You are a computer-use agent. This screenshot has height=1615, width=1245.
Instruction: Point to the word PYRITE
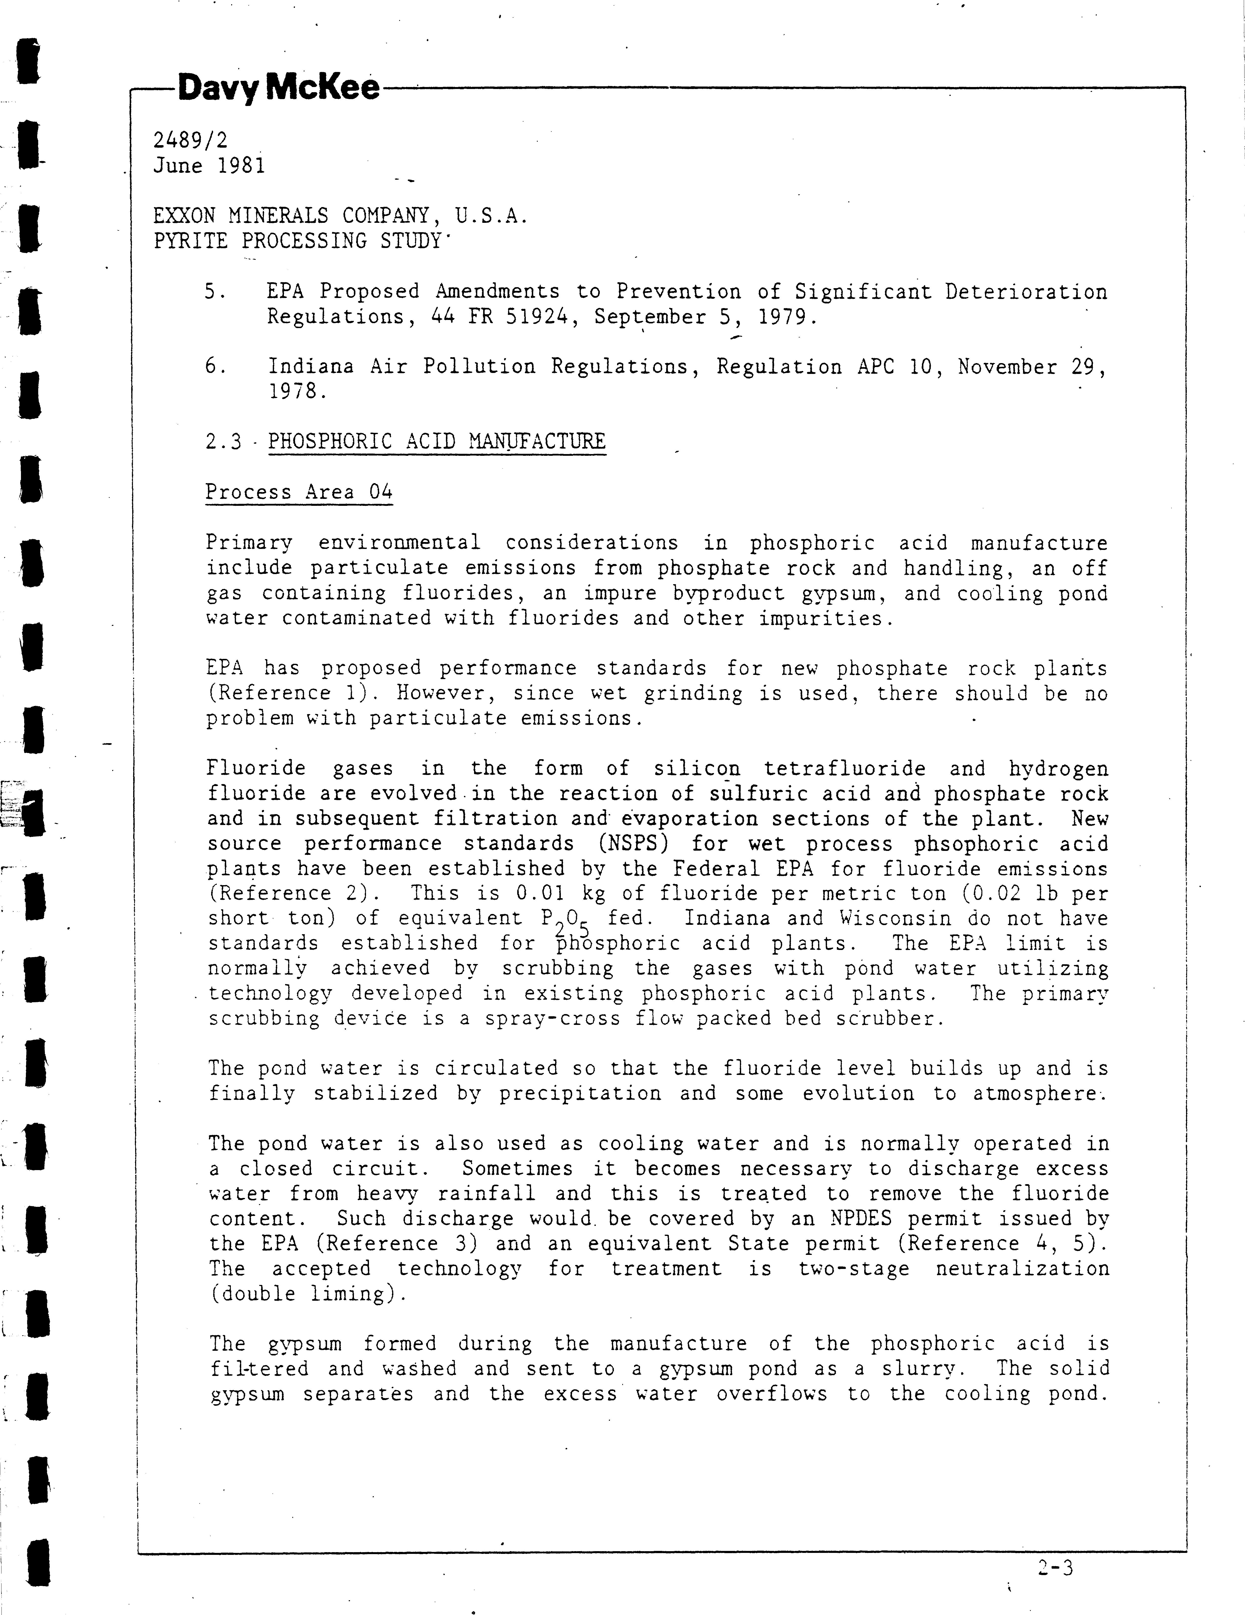pyautogui.click(x=190, y=241)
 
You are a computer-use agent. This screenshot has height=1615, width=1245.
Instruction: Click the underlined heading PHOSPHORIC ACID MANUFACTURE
pyautogui.click(x=437, y=441)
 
